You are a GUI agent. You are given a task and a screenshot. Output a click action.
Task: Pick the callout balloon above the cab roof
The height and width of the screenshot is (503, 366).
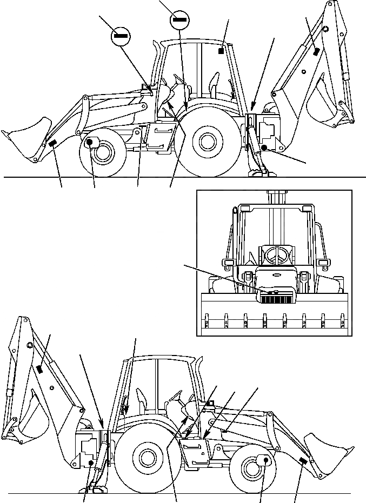click(179, 21)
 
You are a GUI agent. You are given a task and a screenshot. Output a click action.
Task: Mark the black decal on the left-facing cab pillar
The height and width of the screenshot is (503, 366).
click(221, 51)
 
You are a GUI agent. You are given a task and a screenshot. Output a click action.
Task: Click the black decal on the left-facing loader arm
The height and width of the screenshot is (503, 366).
click(53, 143)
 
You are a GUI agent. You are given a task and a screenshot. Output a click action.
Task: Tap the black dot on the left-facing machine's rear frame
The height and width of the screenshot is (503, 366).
click(263, 147)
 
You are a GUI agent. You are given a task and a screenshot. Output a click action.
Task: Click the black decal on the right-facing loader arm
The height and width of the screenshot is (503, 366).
click(301, 460)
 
